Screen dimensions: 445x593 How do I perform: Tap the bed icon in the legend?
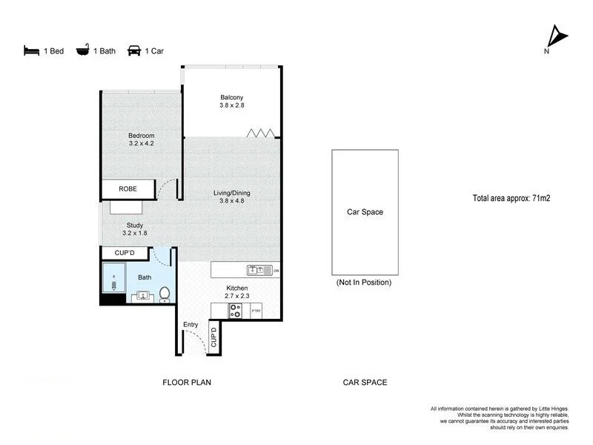(30, 51)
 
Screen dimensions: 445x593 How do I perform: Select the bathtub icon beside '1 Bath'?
(82, 51)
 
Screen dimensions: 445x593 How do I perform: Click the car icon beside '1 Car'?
(134, 51)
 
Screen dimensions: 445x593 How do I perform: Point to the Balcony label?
(231, 98)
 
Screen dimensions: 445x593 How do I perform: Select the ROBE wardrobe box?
(129, 190)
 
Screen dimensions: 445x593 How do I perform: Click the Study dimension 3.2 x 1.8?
(134, 233)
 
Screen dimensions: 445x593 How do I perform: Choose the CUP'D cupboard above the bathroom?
(125, 254)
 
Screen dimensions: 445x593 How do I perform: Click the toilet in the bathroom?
(165, 294)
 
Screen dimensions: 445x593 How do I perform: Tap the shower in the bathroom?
(113, 283)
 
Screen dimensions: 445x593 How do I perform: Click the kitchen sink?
(255, 270)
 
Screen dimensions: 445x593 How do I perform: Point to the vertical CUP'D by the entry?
(214, 338)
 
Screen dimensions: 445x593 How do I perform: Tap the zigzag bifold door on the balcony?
(262, 133)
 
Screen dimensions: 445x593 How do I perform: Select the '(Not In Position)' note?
(364, 283)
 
